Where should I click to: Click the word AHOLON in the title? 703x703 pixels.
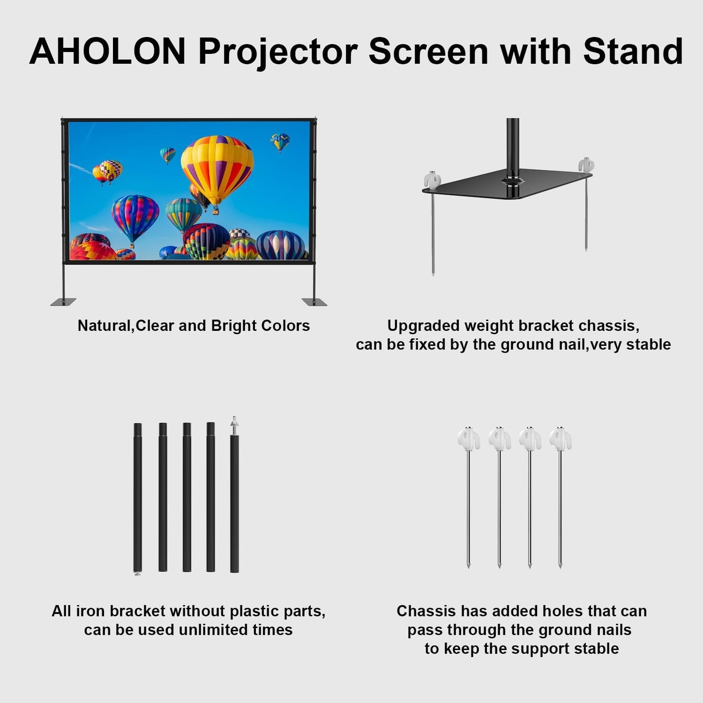coord(108,51)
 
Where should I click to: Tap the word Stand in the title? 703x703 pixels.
coord(633,51)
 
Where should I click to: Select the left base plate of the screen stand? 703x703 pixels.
coord(63,302)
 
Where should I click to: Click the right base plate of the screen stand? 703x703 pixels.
coord(314,302)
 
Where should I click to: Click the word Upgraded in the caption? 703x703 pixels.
coord(423,325)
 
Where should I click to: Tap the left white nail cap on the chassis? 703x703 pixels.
coord(432,180)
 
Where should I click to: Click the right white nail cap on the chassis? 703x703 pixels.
coord(586,165)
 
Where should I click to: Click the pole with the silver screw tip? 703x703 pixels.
coord(234,501)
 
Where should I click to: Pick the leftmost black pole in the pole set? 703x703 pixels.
coord(138,497)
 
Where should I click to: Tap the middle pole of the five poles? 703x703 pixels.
coord(187,497)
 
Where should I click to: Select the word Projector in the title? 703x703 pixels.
coord(278,51)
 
